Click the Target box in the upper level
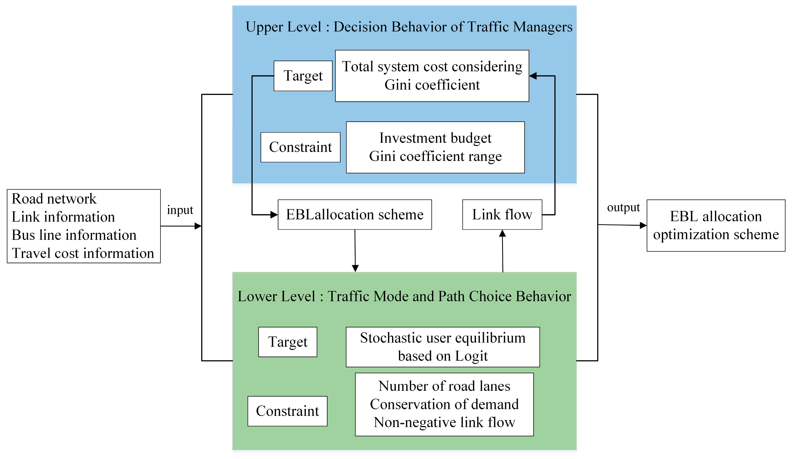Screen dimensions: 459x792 (303, 76)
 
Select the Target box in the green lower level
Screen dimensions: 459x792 (287, 342)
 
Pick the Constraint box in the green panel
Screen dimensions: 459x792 (287, 411)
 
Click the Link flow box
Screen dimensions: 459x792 (502, 215)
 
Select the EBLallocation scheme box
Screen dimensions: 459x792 (355, 215)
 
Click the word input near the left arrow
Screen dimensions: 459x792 (180, 210)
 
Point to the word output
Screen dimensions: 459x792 (623, 207)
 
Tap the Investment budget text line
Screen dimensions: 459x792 (435, 138)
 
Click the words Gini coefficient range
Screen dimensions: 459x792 (435, 156)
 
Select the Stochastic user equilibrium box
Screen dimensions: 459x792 (443, 347)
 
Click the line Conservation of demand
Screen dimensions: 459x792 (444, 404)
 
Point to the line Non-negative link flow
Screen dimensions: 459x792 (444, 422)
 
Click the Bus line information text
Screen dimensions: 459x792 (74, 235)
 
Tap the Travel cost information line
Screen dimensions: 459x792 (83, 253)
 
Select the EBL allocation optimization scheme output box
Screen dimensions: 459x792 (716, 225)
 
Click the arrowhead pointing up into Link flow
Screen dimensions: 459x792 (502, 233)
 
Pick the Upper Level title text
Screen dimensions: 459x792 (409, 27)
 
